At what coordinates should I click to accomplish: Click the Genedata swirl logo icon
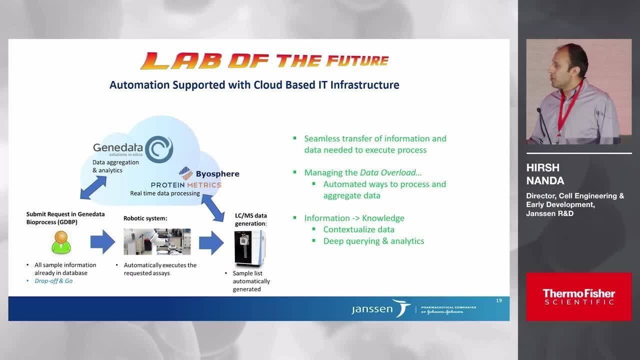159,149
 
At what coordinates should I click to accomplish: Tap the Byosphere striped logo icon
185,173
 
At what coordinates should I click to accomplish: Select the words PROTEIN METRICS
186,185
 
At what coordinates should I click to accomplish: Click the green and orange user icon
61,242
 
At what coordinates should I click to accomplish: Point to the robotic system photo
157,241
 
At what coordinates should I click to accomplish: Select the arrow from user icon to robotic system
102,241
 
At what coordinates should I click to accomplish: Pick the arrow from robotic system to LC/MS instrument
211,242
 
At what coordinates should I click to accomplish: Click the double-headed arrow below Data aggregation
93,187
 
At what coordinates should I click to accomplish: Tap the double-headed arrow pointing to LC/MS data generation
213,208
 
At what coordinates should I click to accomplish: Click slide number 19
499,300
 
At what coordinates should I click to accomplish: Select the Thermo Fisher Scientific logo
579,297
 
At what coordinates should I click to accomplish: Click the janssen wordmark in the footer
372,309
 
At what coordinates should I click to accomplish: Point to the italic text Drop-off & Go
53,281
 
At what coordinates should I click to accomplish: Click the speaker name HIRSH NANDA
545,174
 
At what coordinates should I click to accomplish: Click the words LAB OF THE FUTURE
264,61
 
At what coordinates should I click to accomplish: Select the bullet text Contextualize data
359,229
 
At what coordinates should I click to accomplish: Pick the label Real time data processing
165,193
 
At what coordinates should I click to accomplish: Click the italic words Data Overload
387,172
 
